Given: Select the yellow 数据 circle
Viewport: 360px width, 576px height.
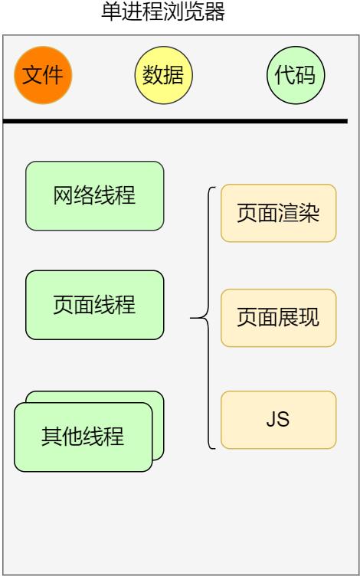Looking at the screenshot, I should click(163, 75).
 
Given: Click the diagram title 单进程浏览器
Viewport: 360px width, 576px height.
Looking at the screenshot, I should click(163, 13).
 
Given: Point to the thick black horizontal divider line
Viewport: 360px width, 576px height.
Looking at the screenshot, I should click(175, 121).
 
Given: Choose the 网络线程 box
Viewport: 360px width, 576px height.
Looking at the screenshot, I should click(94, 195).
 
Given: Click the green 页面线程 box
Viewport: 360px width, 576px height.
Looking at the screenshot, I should click(94, 305).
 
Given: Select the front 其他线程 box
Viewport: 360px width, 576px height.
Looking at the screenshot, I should click(83, 437).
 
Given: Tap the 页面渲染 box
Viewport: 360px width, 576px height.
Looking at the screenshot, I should click(278, 213).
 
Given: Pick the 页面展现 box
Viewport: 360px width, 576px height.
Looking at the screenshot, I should click(278, 317).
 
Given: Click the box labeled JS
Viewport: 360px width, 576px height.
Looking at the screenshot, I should click(278, 420).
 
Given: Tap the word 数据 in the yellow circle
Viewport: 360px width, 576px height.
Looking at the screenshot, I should click(163, 75).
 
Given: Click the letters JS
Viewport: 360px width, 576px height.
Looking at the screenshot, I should click(278, 420).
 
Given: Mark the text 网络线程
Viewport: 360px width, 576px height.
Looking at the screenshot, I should click(94, 195).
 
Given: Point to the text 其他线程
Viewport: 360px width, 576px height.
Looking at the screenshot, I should click(83, 437).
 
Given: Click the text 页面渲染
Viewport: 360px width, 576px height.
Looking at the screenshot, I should click(278, 213).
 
